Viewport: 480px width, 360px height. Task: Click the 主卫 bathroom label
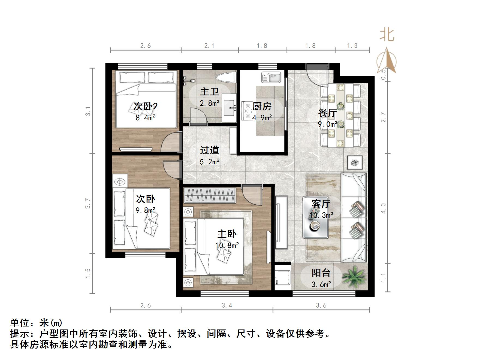209,92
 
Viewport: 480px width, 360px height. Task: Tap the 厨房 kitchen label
262,106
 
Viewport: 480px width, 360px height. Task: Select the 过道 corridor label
209,150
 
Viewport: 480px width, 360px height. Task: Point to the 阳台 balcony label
321,273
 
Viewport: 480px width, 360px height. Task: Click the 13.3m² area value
321,215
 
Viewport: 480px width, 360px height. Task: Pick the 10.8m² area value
227,246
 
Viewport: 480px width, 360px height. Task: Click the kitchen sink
271,77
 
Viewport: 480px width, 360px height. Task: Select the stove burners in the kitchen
247,111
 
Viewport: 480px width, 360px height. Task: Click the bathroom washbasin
229,108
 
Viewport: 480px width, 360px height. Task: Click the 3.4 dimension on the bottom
227,305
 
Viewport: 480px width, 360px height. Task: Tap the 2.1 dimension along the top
209,46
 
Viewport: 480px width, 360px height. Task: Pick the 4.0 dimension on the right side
384,208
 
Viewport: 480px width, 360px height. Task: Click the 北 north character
387,35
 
